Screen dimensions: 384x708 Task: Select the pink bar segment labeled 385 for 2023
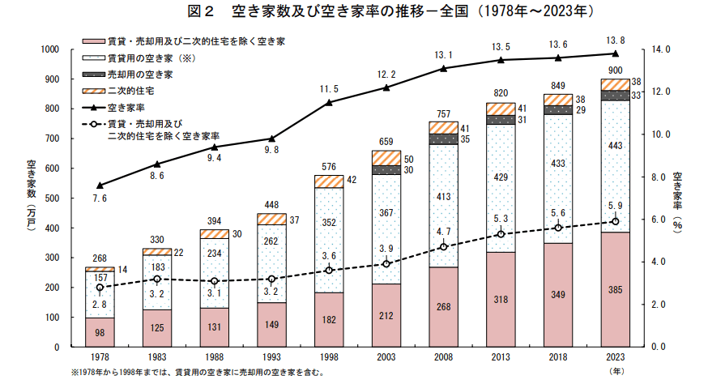coord(615,289)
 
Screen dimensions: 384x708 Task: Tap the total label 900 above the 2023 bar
coord(615,70)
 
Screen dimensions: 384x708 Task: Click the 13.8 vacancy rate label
coord(615,39)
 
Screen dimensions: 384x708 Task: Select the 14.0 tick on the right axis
coord(663,49)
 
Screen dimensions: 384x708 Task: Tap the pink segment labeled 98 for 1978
coord(99,332)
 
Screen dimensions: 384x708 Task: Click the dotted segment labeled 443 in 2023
coord(615,168)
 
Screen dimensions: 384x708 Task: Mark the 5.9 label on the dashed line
coord(615,206)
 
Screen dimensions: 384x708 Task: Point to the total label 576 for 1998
coord(328,167)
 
